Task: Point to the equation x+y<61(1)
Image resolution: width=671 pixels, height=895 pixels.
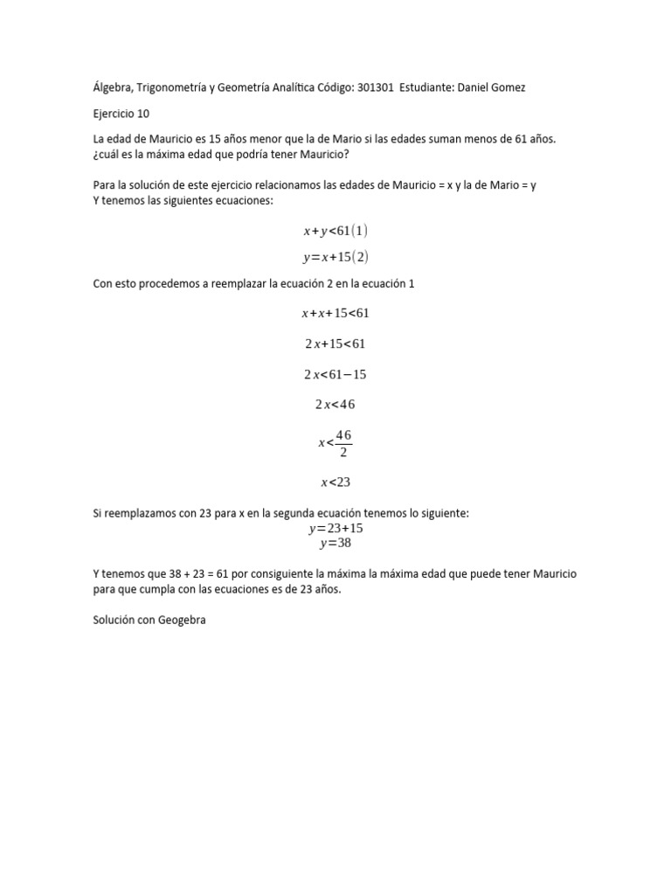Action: [335, 231]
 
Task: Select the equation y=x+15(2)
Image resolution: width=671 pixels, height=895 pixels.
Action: [335, 257]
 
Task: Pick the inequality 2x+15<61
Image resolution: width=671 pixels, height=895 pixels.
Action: [335, 343]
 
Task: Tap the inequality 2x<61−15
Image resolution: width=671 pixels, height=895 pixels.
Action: [335, 374]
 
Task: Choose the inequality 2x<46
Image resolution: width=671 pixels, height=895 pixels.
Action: [335, 405]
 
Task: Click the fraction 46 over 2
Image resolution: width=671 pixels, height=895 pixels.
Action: [343, 443]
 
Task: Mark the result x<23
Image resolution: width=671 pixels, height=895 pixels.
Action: [335, 482]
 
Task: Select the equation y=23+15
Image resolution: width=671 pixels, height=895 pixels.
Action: [335, 528]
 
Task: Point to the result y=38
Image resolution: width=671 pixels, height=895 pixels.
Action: [335, 543]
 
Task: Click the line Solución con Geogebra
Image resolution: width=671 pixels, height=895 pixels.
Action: [149, 621]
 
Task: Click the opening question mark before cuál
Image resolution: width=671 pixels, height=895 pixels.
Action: [95, 155]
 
